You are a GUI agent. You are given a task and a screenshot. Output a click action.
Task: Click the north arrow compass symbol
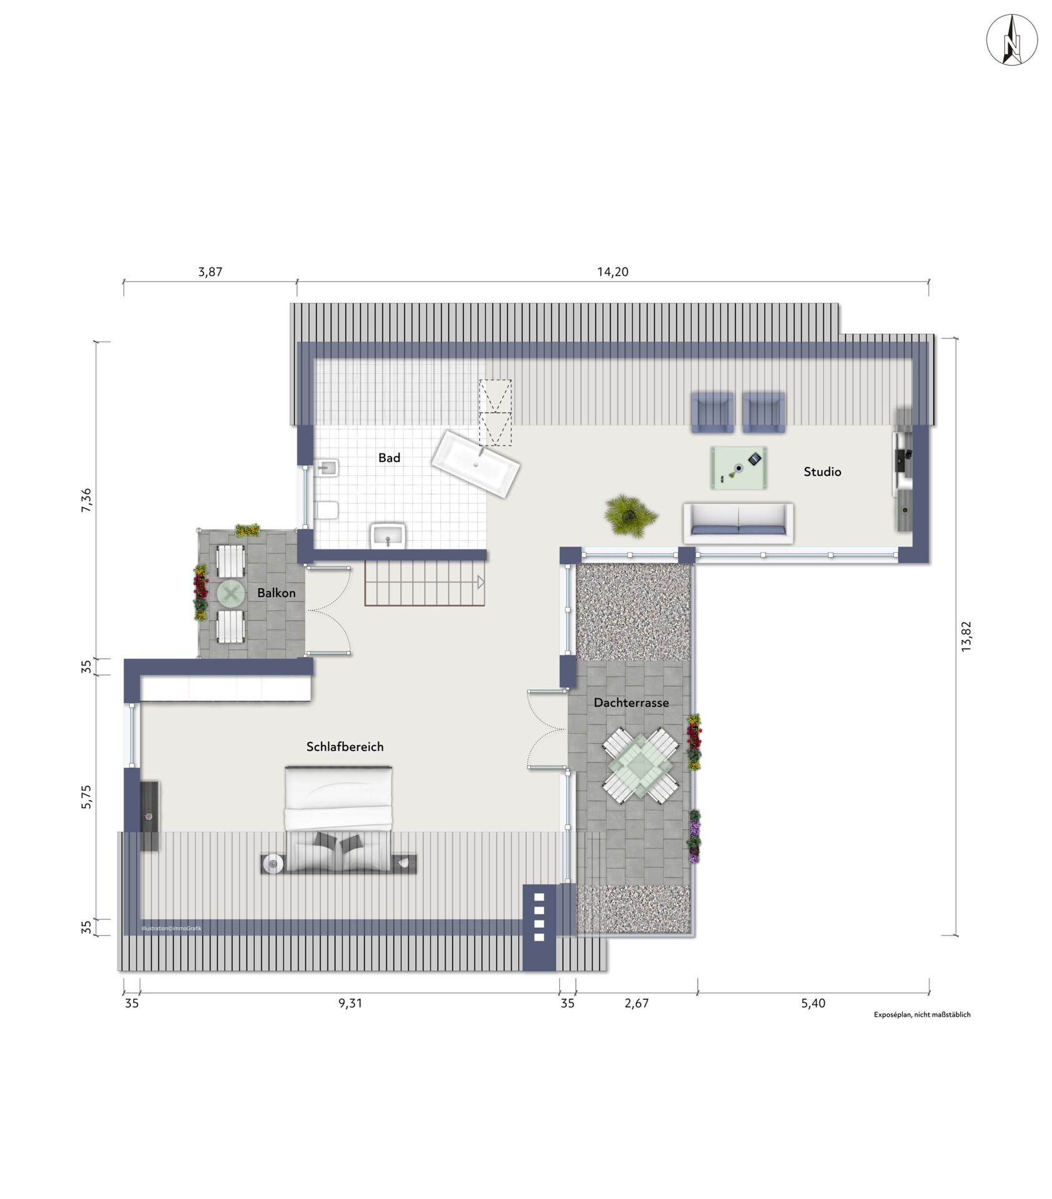[x=1011, y=39]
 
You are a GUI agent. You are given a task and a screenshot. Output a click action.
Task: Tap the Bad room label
[x=389, y=458]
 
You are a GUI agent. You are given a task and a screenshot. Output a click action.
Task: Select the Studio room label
[x=822, y=472]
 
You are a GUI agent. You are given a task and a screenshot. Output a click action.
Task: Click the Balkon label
[x=276, y=593]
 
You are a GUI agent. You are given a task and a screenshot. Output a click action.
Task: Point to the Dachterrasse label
[x=631, y=703]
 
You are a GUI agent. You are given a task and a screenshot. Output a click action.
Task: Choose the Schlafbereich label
[x=345, y=746]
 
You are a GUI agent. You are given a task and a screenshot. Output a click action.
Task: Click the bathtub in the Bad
[x=476, y=463]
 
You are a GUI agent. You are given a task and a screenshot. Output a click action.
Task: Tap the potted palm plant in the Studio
[x=631, y=516]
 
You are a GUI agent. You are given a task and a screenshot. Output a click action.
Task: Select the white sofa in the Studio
[x=738, y=523]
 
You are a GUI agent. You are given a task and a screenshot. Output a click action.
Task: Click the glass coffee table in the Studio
[x=739, y=467]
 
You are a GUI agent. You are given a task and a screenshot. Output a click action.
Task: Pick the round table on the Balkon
[x=231, y=593]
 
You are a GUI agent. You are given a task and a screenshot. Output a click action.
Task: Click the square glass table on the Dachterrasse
[x=641, y=765]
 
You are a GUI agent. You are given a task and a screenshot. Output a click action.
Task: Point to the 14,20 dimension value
[x=612, y=272]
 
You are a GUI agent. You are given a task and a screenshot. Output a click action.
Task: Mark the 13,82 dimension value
[x=966, y=637]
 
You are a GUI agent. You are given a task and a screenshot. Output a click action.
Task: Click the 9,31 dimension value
[x=350, y=1003]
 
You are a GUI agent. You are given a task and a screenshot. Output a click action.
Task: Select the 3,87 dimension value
[x=210, y=272]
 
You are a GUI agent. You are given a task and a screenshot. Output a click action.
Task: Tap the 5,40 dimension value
[x=813, y=1003]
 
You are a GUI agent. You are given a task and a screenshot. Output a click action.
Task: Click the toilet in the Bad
[x=327, y=510]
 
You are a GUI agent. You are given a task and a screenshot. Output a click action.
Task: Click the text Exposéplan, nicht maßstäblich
[x=922, y=1015]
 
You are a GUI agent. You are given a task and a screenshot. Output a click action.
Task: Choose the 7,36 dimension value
[x=86, y=500]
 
